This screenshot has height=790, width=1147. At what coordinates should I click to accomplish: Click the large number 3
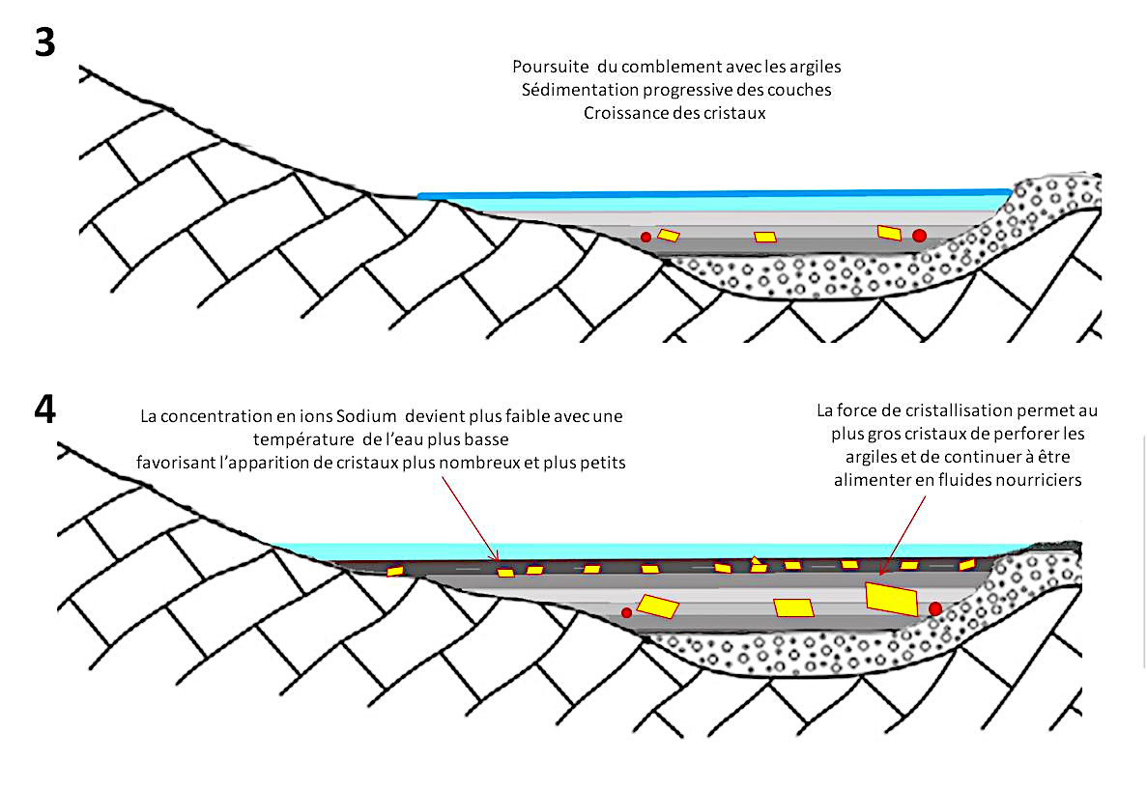(44, 43)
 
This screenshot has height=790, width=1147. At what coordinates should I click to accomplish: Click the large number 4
(44, 409)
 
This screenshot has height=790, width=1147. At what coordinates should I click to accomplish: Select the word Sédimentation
(572, 90)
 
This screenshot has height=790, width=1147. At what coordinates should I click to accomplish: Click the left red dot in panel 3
(645, 238)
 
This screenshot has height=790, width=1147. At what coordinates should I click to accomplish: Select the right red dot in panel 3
(919, 235)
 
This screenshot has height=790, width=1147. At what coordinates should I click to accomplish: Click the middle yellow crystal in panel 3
(765, 237)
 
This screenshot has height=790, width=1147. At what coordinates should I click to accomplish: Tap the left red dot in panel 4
(626, 612)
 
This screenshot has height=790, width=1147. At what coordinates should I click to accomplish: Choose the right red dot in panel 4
(935, 608)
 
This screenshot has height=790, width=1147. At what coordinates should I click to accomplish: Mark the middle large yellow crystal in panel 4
(793, 607)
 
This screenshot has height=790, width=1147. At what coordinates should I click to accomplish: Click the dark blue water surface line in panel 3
(715, 195)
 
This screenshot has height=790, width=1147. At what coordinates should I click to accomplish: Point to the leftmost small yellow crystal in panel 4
(394, 571)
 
